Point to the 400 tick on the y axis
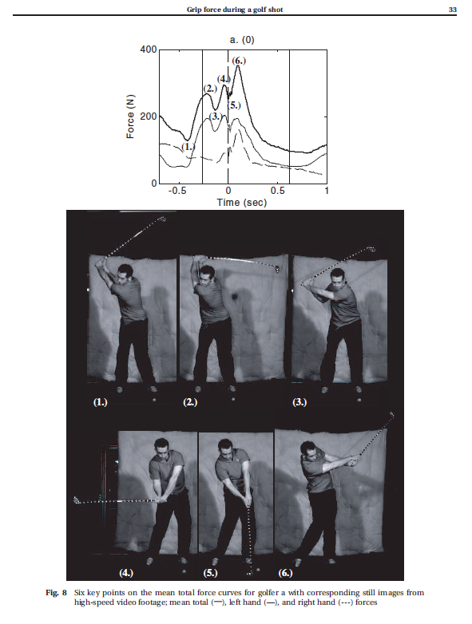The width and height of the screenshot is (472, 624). (148, 49)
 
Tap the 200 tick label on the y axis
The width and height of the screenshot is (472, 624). (148, 117)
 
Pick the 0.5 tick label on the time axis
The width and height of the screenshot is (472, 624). (277, 192)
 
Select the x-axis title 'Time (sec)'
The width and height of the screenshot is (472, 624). (242, 203)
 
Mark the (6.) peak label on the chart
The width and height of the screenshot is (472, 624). (238, 61)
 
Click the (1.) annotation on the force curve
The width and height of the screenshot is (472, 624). (188, 147)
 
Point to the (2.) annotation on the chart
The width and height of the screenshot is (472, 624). (210, 88)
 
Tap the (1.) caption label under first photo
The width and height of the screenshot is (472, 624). (101, 403)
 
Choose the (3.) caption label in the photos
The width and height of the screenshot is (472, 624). (300, 403)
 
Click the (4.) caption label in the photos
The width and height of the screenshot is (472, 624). (127, 573)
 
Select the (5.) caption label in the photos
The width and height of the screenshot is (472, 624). (211, 573)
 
